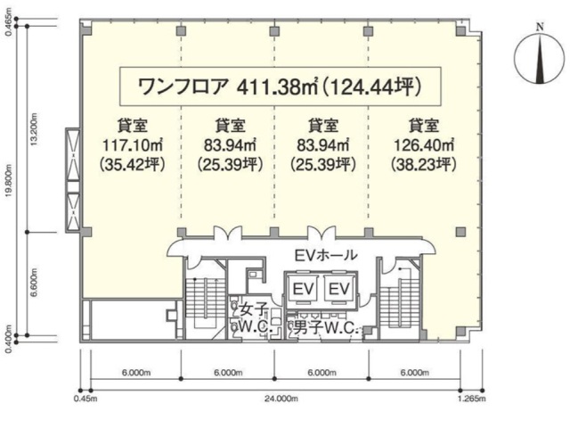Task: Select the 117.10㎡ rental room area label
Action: [x=133, y=146]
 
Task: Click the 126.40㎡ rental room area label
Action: [x=424, y=146]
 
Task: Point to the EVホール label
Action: [x=326, y=256]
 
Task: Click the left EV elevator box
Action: [x=304, y=289]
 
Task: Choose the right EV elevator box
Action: [x=338, y=289]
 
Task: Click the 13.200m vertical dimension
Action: [x=34, y=128]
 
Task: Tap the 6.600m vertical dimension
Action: [x=34, y=284]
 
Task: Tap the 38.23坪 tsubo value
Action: [x=424, y=166]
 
